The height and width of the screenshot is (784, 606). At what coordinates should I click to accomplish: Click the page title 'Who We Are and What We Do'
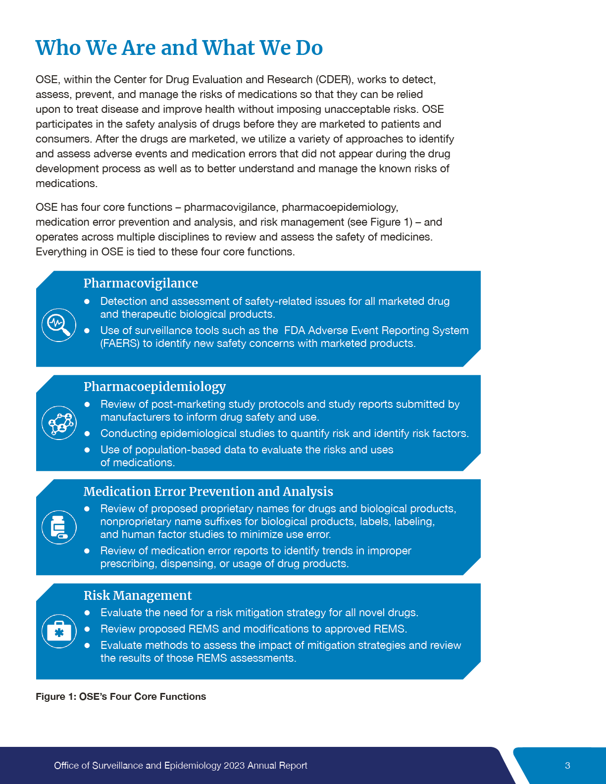click(x=179, y=48)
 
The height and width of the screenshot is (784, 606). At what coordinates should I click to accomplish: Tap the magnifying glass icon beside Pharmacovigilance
click(x=59, y=325)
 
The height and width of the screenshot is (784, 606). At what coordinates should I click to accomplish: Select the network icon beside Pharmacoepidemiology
click(x=59, y=423)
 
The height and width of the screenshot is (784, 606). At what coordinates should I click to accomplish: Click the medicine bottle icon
click(x=59, y=527)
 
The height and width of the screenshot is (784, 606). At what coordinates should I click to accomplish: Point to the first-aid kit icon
click(x=59, y=631)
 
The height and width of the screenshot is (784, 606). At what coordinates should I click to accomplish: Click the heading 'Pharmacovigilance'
click(x=141, y=283)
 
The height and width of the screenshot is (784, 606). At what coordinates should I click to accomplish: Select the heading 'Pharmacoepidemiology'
click(x=154, y=387)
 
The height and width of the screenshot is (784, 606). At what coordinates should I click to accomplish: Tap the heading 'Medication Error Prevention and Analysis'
click(x=208, y=491)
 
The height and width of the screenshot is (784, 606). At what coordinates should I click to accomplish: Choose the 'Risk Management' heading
click(x=137, y=595)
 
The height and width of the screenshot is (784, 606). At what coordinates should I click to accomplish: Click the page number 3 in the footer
click(x=567, y=766)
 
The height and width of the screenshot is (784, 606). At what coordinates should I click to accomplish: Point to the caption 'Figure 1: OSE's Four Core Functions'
click(x=121, y=696)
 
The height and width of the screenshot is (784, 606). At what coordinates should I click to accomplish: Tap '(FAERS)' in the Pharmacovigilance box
click(x=120, y=343)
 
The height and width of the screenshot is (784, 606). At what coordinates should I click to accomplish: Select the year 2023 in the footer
click(x=234, y=766)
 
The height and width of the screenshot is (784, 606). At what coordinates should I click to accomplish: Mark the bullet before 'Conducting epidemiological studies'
click(x=87, y=434)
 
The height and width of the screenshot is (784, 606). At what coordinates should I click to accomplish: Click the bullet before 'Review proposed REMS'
click(x=87, y=629)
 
